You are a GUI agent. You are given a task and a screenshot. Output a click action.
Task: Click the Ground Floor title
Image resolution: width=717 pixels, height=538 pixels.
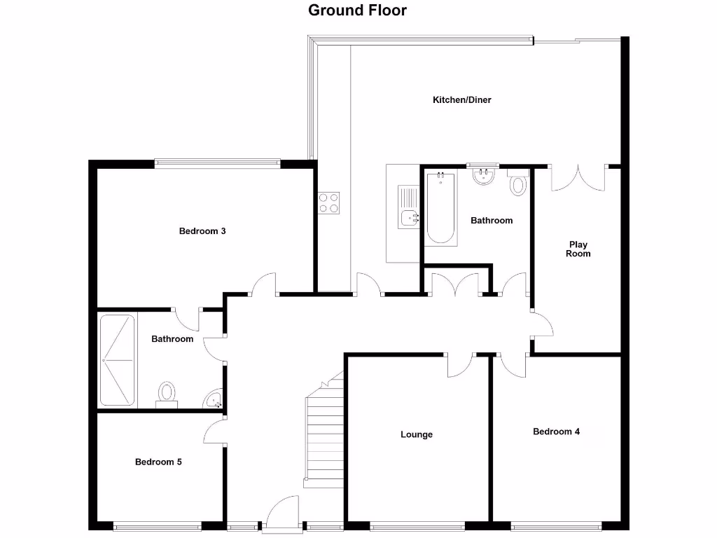point(358,11)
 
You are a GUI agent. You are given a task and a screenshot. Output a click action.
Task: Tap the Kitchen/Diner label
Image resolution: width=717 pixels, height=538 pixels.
point(461,100)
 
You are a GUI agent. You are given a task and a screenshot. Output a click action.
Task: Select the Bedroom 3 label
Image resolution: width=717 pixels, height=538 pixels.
point(202,231)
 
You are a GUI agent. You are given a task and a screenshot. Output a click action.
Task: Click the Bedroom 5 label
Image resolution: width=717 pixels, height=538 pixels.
point(159,462)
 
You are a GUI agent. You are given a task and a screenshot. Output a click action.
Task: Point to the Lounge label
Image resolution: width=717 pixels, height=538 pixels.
point(417,435)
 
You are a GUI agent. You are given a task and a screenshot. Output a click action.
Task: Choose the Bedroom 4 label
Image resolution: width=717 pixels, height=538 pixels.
point(556,432)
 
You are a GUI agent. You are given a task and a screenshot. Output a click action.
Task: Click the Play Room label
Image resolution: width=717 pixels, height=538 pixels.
point(578,249)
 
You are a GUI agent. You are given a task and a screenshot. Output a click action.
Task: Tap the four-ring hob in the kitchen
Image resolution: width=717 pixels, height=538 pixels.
point(329,202)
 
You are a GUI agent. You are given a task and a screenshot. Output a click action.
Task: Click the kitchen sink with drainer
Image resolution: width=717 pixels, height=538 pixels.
point(408,207)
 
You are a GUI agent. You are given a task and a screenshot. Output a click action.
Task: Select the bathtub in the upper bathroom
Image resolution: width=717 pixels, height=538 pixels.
point(440,208)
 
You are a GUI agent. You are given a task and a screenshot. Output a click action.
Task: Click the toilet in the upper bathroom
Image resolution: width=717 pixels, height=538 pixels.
point(518,185)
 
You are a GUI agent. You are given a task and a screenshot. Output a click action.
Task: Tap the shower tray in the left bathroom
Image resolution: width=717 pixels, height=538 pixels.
point(117,360)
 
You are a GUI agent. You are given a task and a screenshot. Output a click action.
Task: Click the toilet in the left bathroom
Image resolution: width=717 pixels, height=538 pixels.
point(167,393)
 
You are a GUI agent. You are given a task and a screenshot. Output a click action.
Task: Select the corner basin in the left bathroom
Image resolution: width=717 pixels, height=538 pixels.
point(214,400)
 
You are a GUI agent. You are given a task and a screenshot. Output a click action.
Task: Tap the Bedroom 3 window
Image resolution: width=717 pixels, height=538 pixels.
point(217,164)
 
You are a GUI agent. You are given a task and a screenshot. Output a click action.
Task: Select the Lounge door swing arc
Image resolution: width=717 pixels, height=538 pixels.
point(460,364)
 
